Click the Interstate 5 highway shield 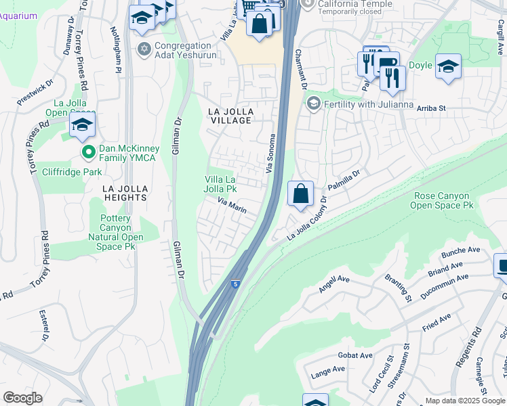point(235,286)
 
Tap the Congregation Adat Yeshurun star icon point(143,49)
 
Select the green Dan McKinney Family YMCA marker point(87,152)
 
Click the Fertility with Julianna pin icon point(313,104)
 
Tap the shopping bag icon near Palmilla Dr point(300,194)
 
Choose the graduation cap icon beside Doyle point(448,66)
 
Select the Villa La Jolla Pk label point(221,183)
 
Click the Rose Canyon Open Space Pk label point(442,200)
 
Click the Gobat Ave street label point(355,355)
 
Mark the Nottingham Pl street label point(118,54)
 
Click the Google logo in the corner point(22,398)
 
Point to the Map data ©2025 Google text point(464,401)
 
